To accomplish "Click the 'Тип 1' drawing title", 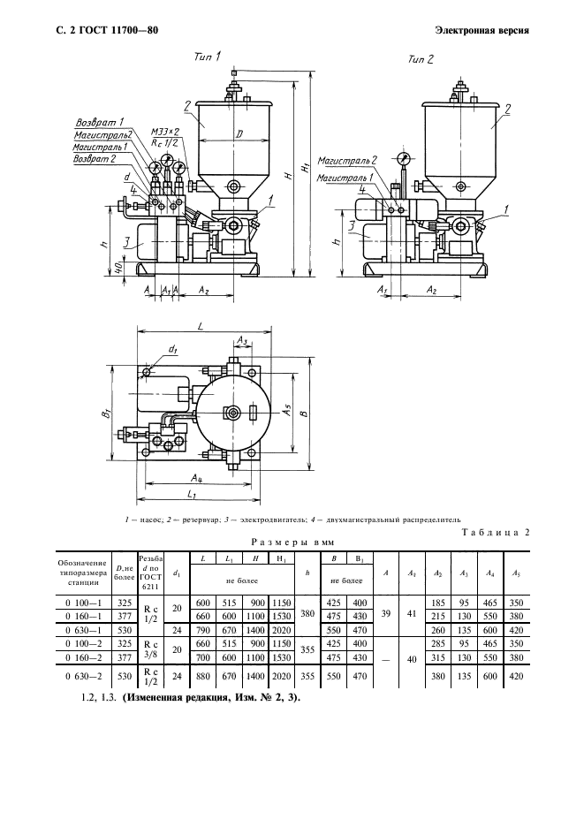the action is coord(208,56).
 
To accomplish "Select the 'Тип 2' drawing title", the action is coord(421,59).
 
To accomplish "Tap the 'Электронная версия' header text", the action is coord(482,31).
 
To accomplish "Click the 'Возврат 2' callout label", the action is coord(94,158).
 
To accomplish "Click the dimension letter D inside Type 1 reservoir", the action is coord(239,135).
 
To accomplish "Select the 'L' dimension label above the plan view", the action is coord(201,326).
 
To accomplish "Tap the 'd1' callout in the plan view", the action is coord(172,349).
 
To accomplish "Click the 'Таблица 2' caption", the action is coord(496,532).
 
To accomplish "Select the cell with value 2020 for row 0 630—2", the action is coord(281,676).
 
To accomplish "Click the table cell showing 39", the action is coord(385,614).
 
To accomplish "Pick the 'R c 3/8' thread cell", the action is coord(150,649).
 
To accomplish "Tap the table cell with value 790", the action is coord(202,630).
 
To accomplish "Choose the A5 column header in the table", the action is coord(517,573).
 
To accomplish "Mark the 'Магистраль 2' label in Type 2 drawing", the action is coord(347,160).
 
